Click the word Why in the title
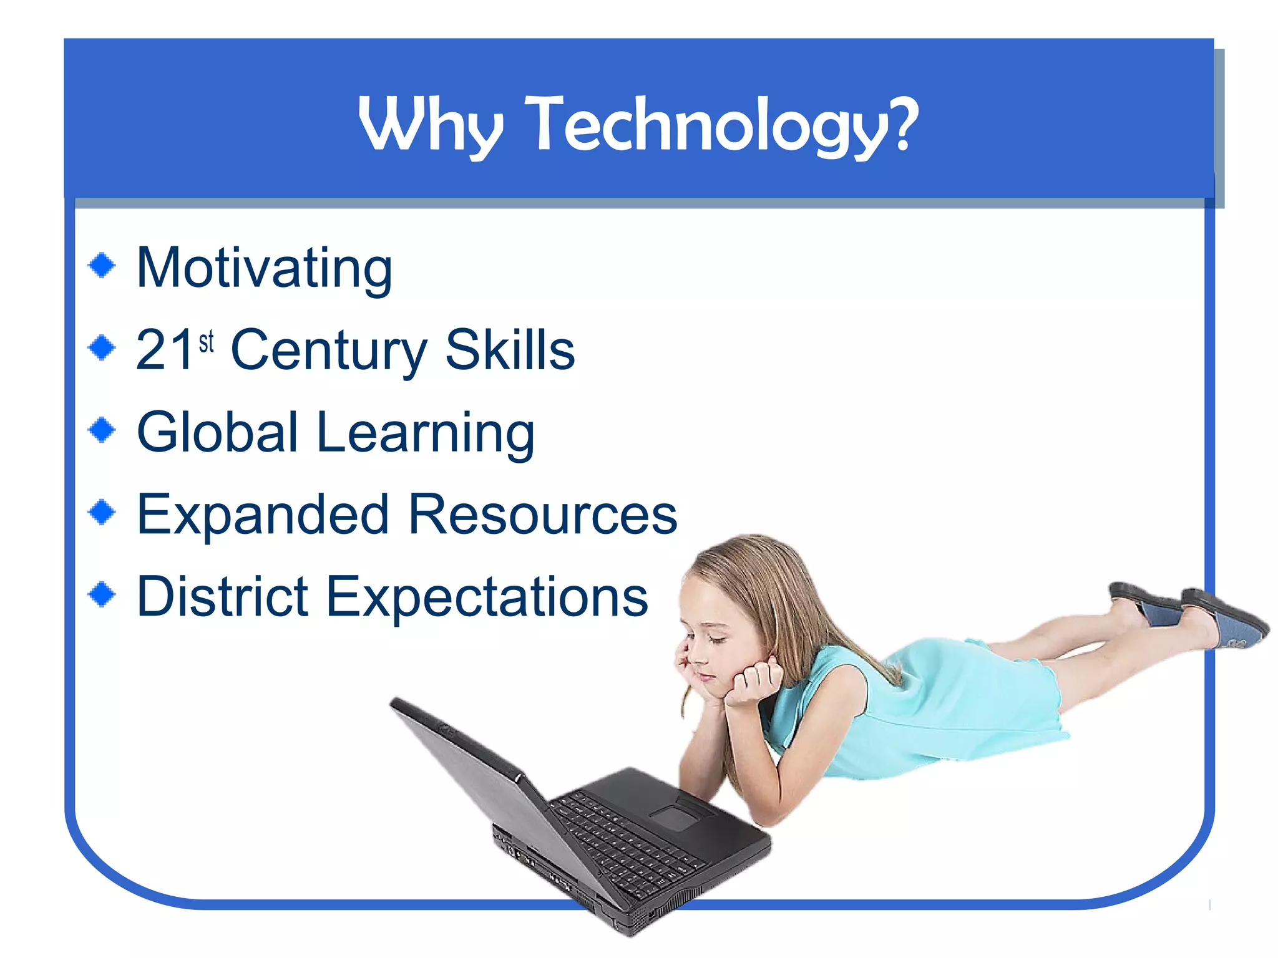pyautogui.click(x=431, y=125)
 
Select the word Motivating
pyautogui.click(x=265, y=268)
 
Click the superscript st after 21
pyautogui.click(x=207, y=342)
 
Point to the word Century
pyautogui.click(x=329, y=351)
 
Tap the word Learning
pyautogui.click(x=426, y=433)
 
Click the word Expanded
pyautogui.click(x=263, y=515)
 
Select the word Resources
pyautogui.click(x=543, y=515)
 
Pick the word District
pyautogui.click(x=223, y=597)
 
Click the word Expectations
pyautogui.click(x=487, y=598)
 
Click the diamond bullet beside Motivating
pyautogui.click(x=102, y=265)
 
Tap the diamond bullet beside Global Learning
pyautogui.click(x=102, y=429)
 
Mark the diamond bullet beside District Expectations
pyautogui.click(x=102, y=594)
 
